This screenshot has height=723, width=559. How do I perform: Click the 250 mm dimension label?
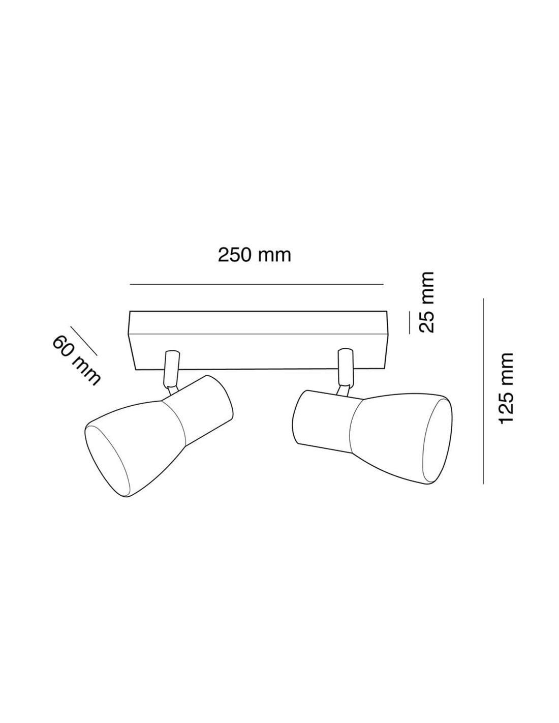click(x=255, y=255)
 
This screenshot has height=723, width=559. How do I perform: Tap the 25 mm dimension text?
click(x=426, y=302)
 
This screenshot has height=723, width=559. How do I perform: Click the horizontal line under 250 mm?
click(x=257, y=285)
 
